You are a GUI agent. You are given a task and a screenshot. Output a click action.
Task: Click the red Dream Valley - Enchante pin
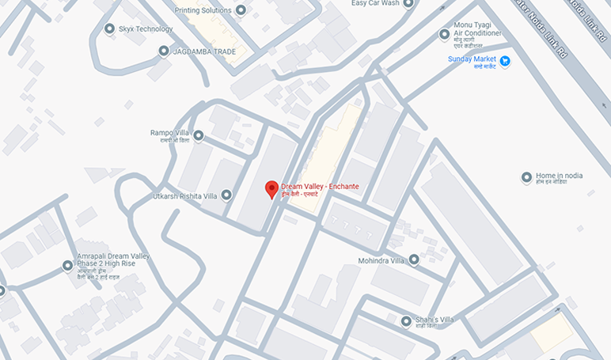271,189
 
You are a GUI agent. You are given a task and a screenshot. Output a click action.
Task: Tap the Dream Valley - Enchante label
320,187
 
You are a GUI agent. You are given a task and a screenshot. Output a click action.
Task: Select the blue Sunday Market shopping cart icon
505,61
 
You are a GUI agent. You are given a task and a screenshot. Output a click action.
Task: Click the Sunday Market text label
472,59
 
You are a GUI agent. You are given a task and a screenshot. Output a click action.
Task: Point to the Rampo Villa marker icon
199,136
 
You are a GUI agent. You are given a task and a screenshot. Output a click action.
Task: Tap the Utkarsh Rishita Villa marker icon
227,195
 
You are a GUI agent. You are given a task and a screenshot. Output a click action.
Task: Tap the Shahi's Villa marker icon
406,321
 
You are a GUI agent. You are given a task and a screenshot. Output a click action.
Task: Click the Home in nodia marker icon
526,177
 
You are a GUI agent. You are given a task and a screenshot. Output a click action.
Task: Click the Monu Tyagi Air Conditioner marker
444,35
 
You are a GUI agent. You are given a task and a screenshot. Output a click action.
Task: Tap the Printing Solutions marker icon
241,10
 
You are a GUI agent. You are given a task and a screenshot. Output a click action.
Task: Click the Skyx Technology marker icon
110,29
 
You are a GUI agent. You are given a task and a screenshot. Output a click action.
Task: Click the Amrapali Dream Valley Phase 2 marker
67,266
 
